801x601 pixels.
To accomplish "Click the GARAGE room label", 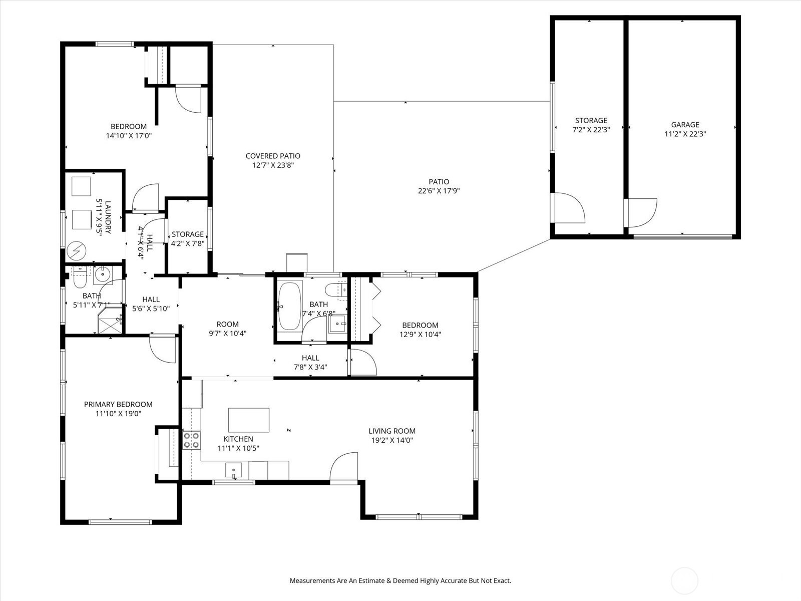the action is (685, 124).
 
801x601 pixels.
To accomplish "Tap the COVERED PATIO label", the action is (273, 156).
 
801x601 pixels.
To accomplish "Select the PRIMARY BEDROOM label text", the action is (118, 404).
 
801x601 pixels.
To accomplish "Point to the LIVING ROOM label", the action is (392, 431).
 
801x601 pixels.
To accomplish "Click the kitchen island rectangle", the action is (249, 420).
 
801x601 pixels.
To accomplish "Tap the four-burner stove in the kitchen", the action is (191, 440).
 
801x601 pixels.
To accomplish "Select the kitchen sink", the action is (233, 471).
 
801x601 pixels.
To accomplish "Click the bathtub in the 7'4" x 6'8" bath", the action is (290, 306).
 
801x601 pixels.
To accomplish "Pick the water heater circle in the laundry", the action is (76, 251).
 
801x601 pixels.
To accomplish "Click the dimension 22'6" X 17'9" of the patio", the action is (439, 191).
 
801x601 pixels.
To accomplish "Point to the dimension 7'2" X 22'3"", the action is (591, 130).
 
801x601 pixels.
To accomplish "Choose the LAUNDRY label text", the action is (108, 217).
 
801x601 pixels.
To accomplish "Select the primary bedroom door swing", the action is (163, 350).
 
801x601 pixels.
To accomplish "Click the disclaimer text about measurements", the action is (400, 580).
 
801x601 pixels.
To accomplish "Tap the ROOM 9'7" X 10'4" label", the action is (228, 329).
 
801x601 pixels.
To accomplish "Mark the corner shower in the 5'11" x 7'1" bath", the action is (110, 321).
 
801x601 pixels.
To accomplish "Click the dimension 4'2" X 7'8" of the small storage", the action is (188, 243).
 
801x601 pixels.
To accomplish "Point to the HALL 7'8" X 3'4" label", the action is (310, 362).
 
